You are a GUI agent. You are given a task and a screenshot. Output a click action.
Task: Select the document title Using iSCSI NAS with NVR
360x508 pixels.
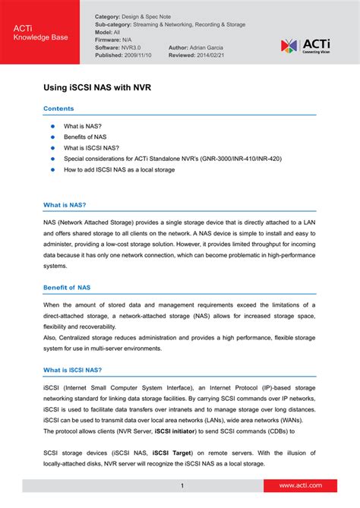(97, 87)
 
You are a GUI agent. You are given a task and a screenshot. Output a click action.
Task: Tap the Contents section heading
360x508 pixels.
(58, 109)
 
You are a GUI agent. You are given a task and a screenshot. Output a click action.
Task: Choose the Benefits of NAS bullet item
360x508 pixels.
(85, 137)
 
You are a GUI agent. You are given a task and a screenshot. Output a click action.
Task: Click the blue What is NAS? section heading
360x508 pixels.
(65, 205)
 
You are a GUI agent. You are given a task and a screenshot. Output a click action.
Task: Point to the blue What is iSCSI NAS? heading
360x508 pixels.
(72, 370)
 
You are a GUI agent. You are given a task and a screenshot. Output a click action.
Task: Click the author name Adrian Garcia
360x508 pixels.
(201, 47)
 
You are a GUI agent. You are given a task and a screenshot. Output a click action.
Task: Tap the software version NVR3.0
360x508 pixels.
(132, 47)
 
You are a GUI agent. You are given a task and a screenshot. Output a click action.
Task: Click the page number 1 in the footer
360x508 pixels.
(182, 485)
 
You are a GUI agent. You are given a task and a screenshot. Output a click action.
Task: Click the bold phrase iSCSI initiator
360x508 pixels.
(178, 431)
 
